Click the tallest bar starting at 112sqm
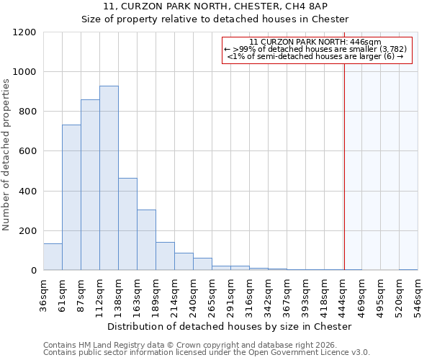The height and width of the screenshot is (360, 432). [109, 178]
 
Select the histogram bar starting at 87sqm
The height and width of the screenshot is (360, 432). [90, 185]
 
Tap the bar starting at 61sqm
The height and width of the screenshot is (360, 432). [71, 197]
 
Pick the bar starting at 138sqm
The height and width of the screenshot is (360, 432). [127, 224]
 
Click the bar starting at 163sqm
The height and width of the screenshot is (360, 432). [146, 240]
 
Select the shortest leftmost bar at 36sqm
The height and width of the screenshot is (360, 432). [53, 257]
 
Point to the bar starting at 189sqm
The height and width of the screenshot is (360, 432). [165, 256]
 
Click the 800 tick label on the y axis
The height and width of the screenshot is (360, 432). [27, 112]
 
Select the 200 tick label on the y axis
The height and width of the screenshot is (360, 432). [27, 230]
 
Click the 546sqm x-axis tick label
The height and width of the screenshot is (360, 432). [418, 295]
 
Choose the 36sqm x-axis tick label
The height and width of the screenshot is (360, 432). [43, 295]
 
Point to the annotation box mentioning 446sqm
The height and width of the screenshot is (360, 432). [317, 50]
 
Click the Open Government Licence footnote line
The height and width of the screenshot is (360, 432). [207, 352]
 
